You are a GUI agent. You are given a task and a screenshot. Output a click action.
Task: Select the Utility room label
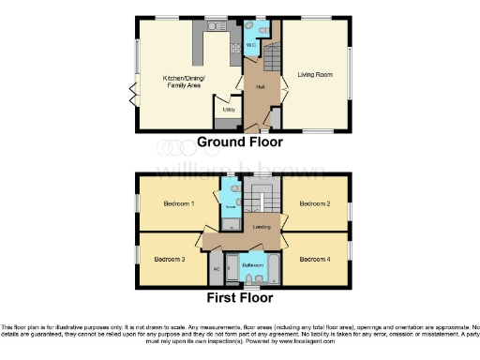click(228, 110)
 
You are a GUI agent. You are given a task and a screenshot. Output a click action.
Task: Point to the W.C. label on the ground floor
click(251, 44)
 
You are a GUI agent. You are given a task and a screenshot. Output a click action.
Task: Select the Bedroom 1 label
click(178, 203)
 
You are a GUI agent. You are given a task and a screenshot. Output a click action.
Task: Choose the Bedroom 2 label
click(315, 203)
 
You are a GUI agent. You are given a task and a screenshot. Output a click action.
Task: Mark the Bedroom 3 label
click(169, 259)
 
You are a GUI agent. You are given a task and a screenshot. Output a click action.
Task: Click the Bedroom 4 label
click(315, 259)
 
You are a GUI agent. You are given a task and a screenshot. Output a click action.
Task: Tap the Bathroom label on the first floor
click(252, 265)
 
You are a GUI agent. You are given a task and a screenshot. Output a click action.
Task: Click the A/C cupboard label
click(217, 267)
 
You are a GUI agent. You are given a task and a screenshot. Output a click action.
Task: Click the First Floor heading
click(240, 298)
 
